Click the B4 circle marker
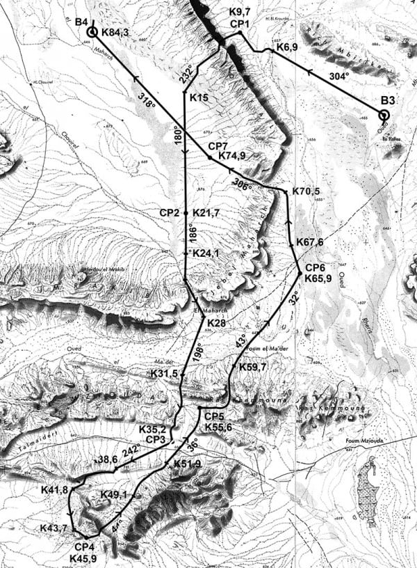click(x=91, y=32)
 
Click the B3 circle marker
click(x=384, y=116)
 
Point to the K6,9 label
click(x=288, y=46)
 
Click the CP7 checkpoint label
click(x=220, y=145)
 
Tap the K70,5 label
click(x=307, y=191)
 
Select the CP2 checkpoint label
click(x=170, y=212)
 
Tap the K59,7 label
click(x=252, y=367)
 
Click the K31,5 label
click(x=165, y=374)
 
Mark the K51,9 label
click(x=188, y=464)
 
